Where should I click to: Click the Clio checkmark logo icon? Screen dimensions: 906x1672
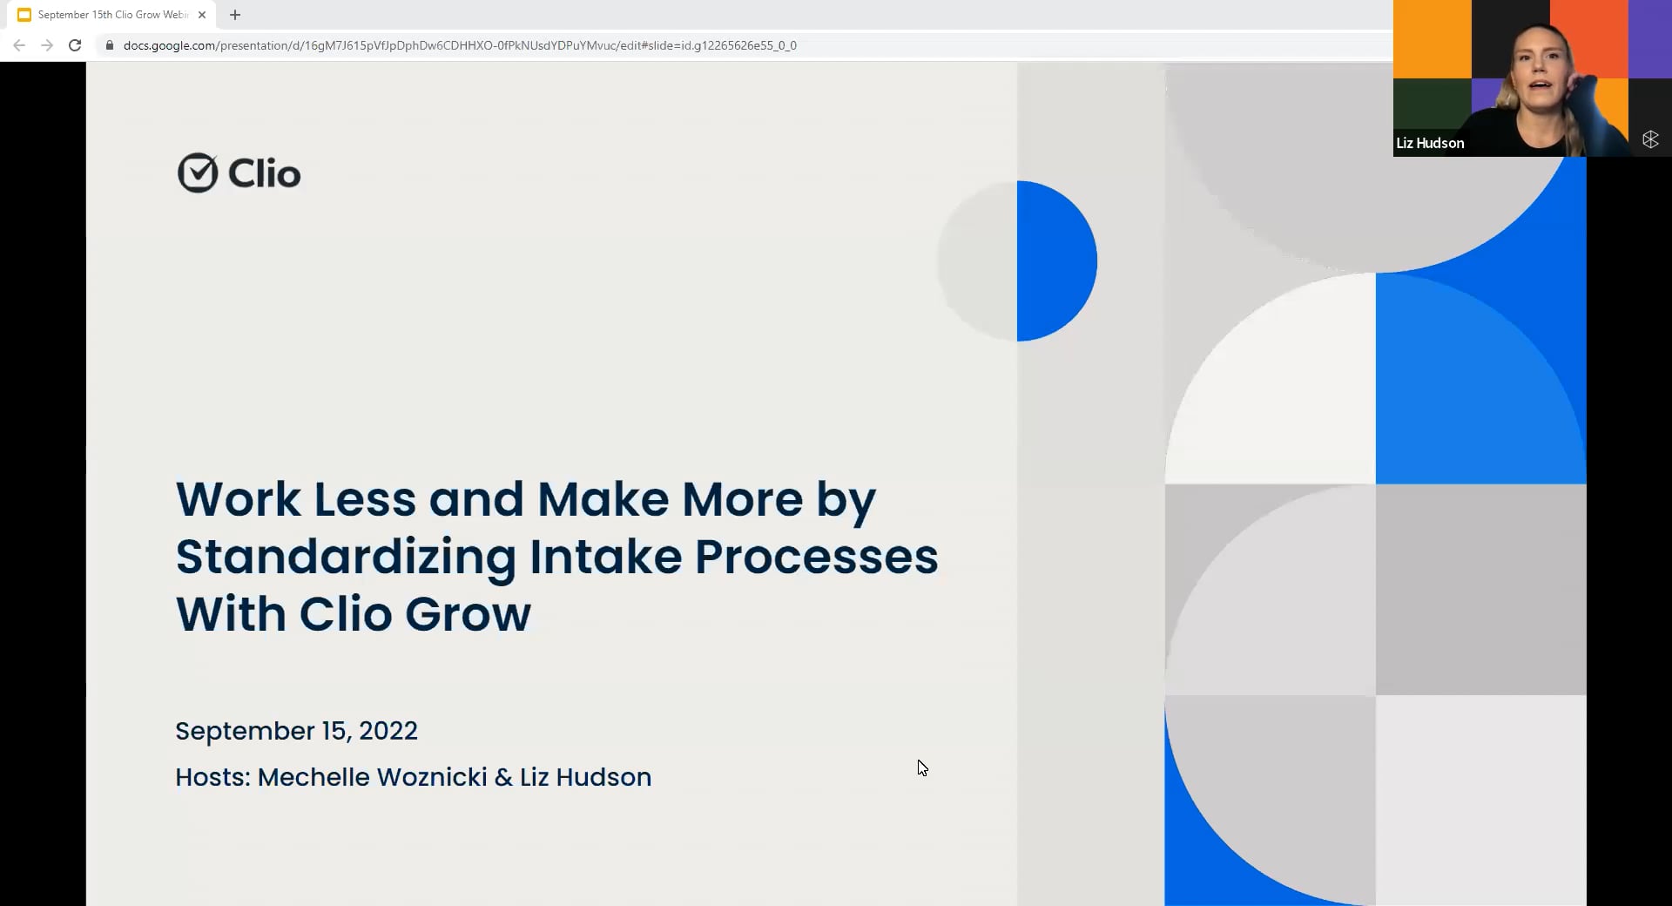[x=197, y=173]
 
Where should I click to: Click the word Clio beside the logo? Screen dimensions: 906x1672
[x=264, y=174]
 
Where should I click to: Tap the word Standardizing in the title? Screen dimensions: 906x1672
[x=346, y=558]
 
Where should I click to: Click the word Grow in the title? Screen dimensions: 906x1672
[x=468, y=614]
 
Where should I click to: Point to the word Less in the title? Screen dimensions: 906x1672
[x=365, y=500]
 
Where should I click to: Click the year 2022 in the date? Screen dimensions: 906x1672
[x=388, y=731]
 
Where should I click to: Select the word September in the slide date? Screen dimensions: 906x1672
[x=245, y=731]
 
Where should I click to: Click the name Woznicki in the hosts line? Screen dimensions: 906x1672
[x=432, y=777]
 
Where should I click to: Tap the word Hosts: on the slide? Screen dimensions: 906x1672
[x=212, y=777]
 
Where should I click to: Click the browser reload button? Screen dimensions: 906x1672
[x=75, y=45]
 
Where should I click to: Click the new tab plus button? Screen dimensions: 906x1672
[x=235, y=15]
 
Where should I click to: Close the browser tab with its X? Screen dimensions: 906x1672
[x=202, y=15]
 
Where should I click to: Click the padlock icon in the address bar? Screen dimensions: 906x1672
[x=110, y=45]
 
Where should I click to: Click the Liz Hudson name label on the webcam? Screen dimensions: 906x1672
[x=1430, y=143]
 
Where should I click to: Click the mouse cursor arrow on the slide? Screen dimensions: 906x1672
[x=922, y=767]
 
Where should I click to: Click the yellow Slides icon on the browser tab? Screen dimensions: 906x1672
[x=24, y=15]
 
